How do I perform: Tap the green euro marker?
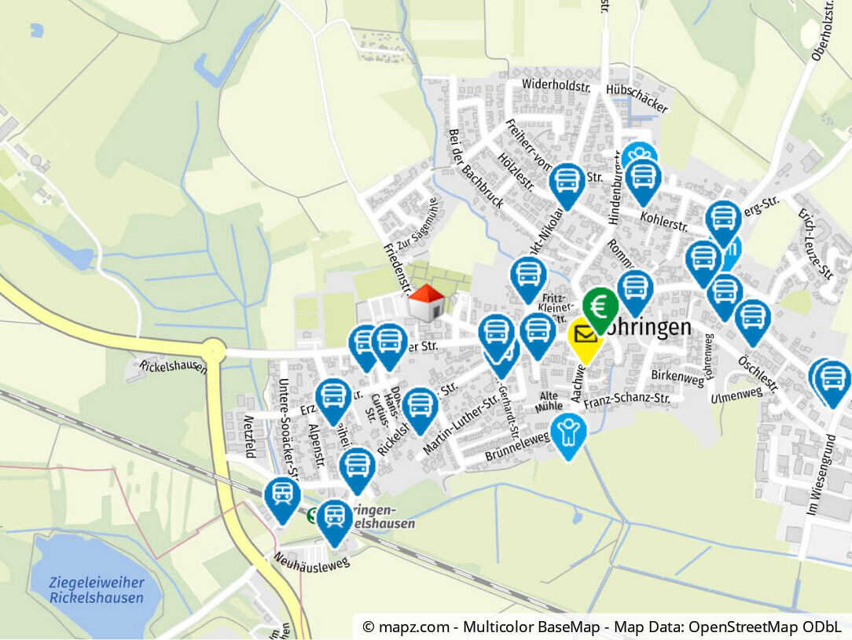click(601, 307)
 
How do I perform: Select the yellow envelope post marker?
click(585, 337)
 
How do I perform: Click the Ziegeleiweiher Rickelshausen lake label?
click(97, 590)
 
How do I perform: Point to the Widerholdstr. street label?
click(556, 86)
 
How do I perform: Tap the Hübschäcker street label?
click(637, 97)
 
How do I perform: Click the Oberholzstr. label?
click(821, 31)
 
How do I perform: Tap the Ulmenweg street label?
click(736, 395)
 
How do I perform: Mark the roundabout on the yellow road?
click(212, 350)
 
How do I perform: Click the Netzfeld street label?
click(250, 436)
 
